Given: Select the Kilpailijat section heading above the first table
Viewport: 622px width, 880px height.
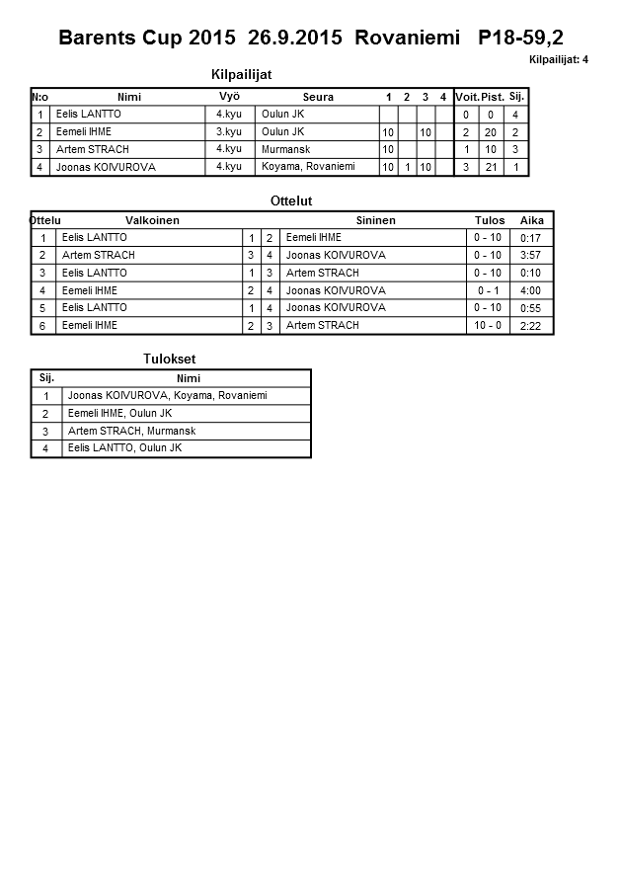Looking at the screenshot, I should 242,74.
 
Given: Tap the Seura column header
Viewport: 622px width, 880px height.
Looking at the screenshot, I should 318,97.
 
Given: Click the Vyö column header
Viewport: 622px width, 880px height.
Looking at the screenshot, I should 229,96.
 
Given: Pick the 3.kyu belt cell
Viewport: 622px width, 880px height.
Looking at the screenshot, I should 229,131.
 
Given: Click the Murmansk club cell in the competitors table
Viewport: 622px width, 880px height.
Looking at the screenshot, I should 283,149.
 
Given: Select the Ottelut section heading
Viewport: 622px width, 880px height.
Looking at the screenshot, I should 291,200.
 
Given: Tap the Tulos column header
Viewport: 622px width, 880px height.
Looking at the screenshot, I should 490,220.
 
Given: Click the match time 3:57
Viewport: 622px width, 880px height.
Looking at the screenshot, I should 531,255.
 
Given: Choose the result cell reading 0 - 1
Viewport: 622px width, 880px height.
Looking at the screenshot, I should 489,290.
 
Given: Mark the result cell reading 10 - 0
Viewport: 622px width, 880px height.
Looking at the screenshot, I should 489,325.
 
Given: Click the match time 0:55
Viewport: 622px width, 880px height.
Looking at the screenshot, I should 531,308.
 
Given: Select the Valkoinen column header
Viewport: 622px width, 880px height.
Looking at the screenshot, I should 152,220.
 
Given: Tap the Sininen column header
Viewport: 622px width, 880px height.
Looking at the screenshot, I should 375,220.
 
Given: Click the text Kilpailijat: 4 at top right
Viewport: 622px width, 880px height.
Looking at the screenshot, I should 559,60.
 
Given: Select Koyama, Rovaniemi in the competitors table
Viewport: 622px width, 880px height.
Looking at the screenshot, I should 308,167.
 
